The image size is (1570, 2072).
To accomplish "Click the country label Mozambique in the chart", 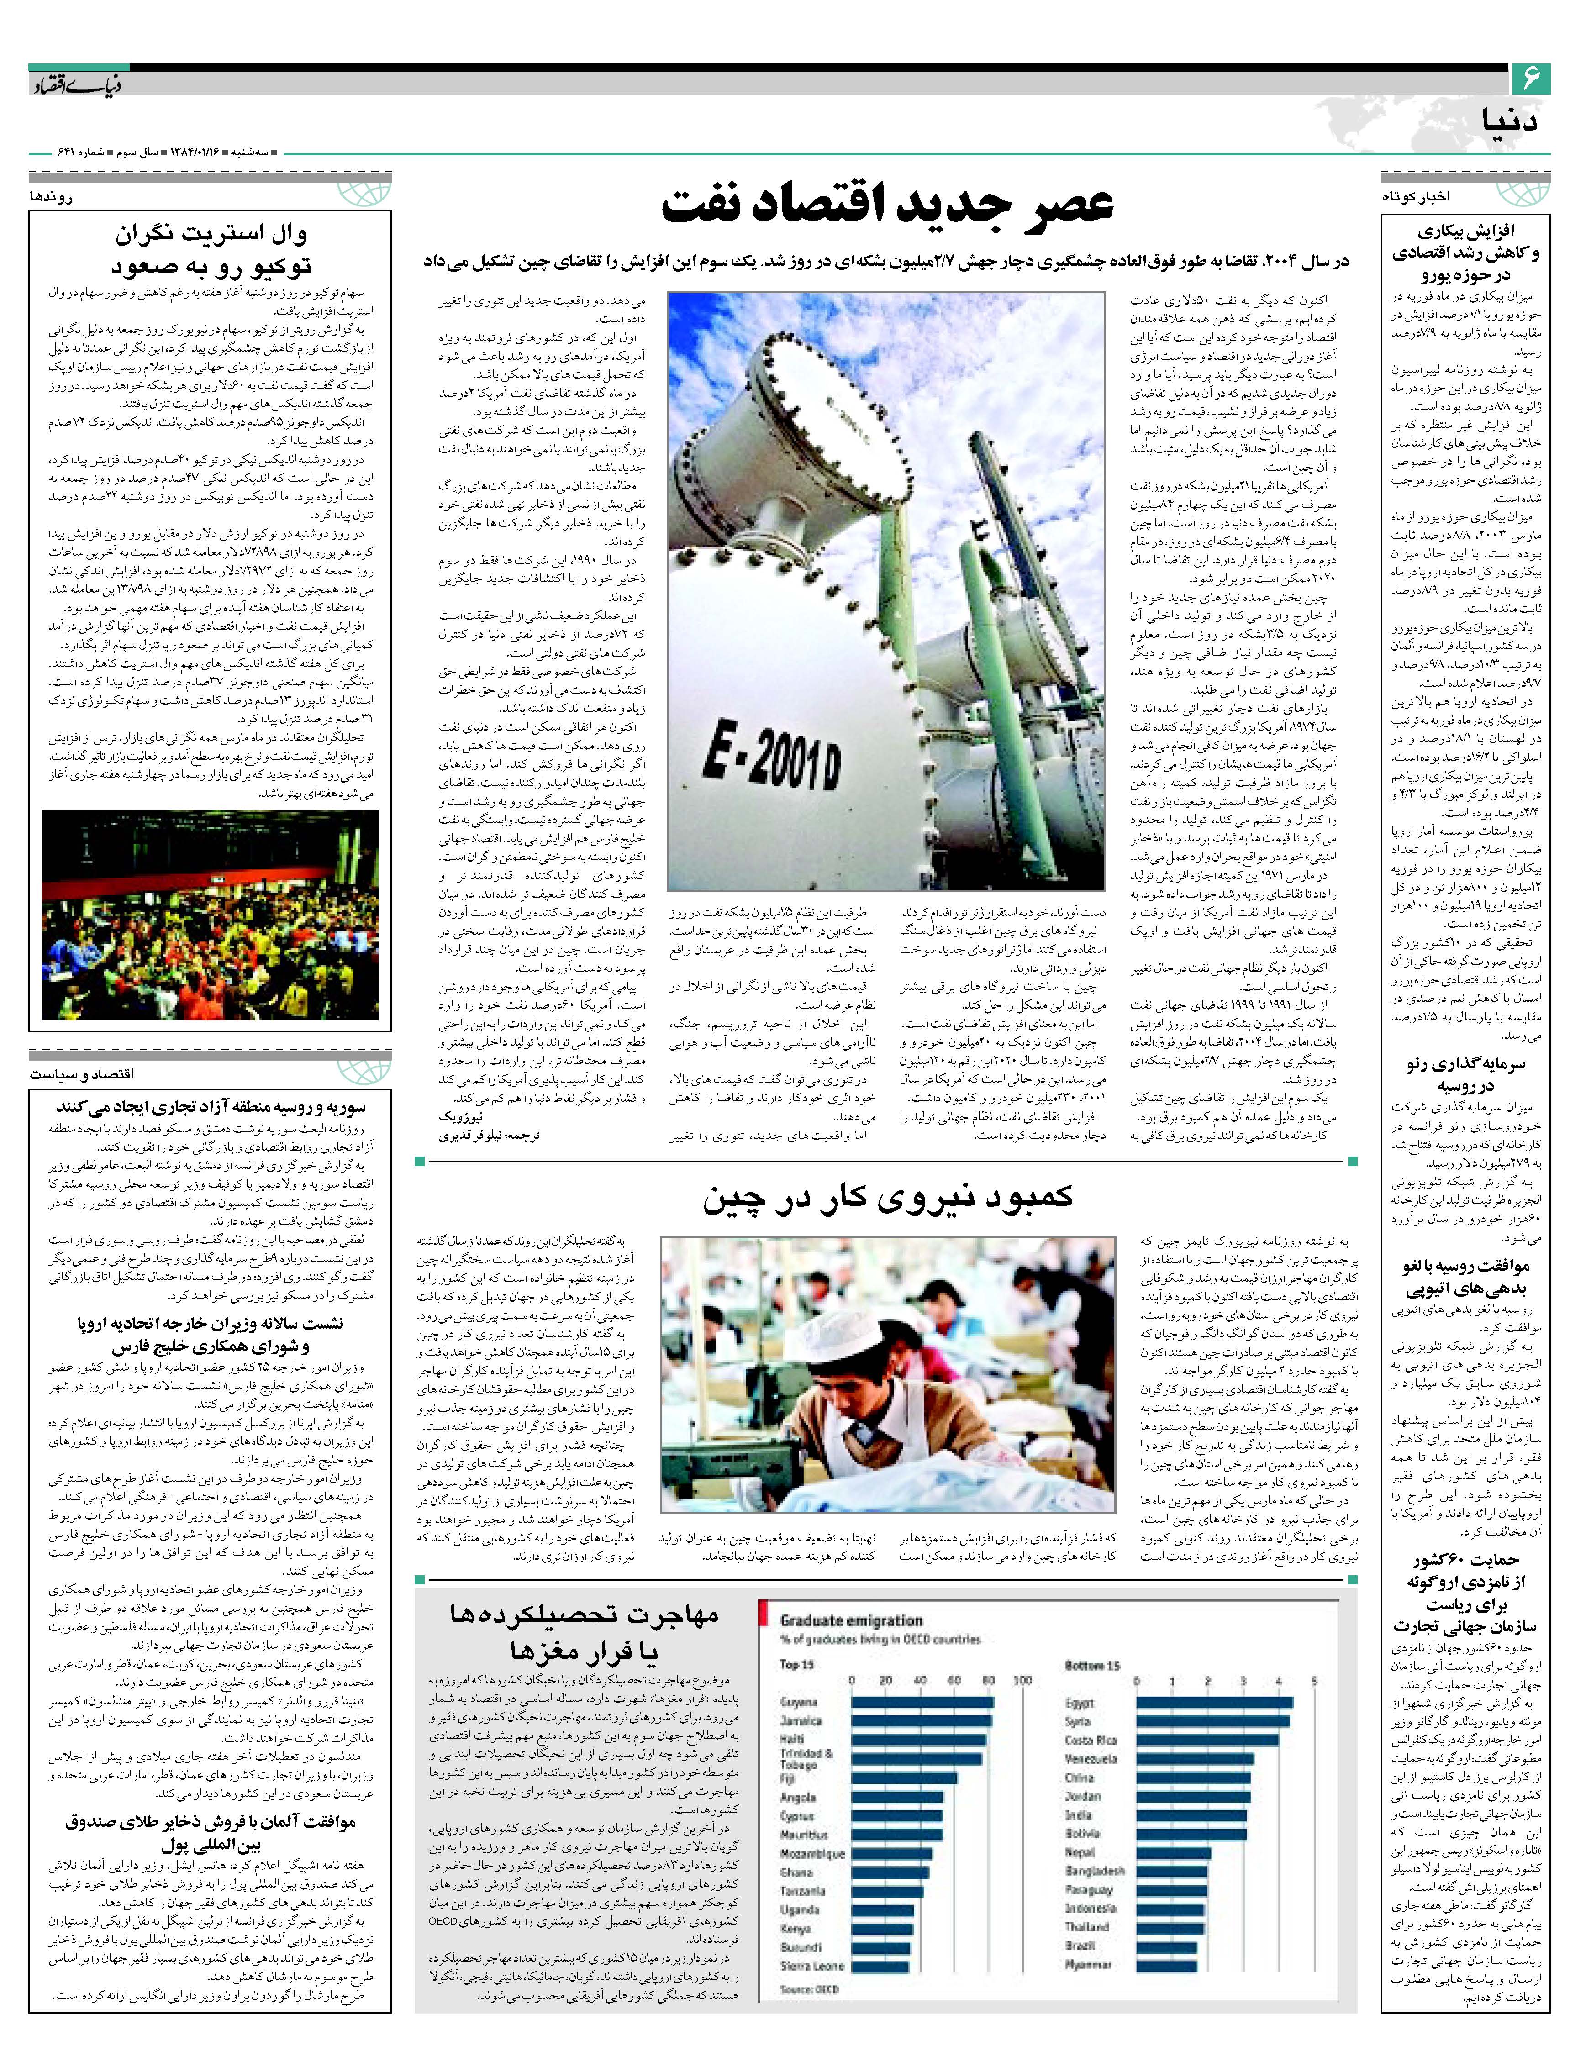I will click(x=811, y=1853).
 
